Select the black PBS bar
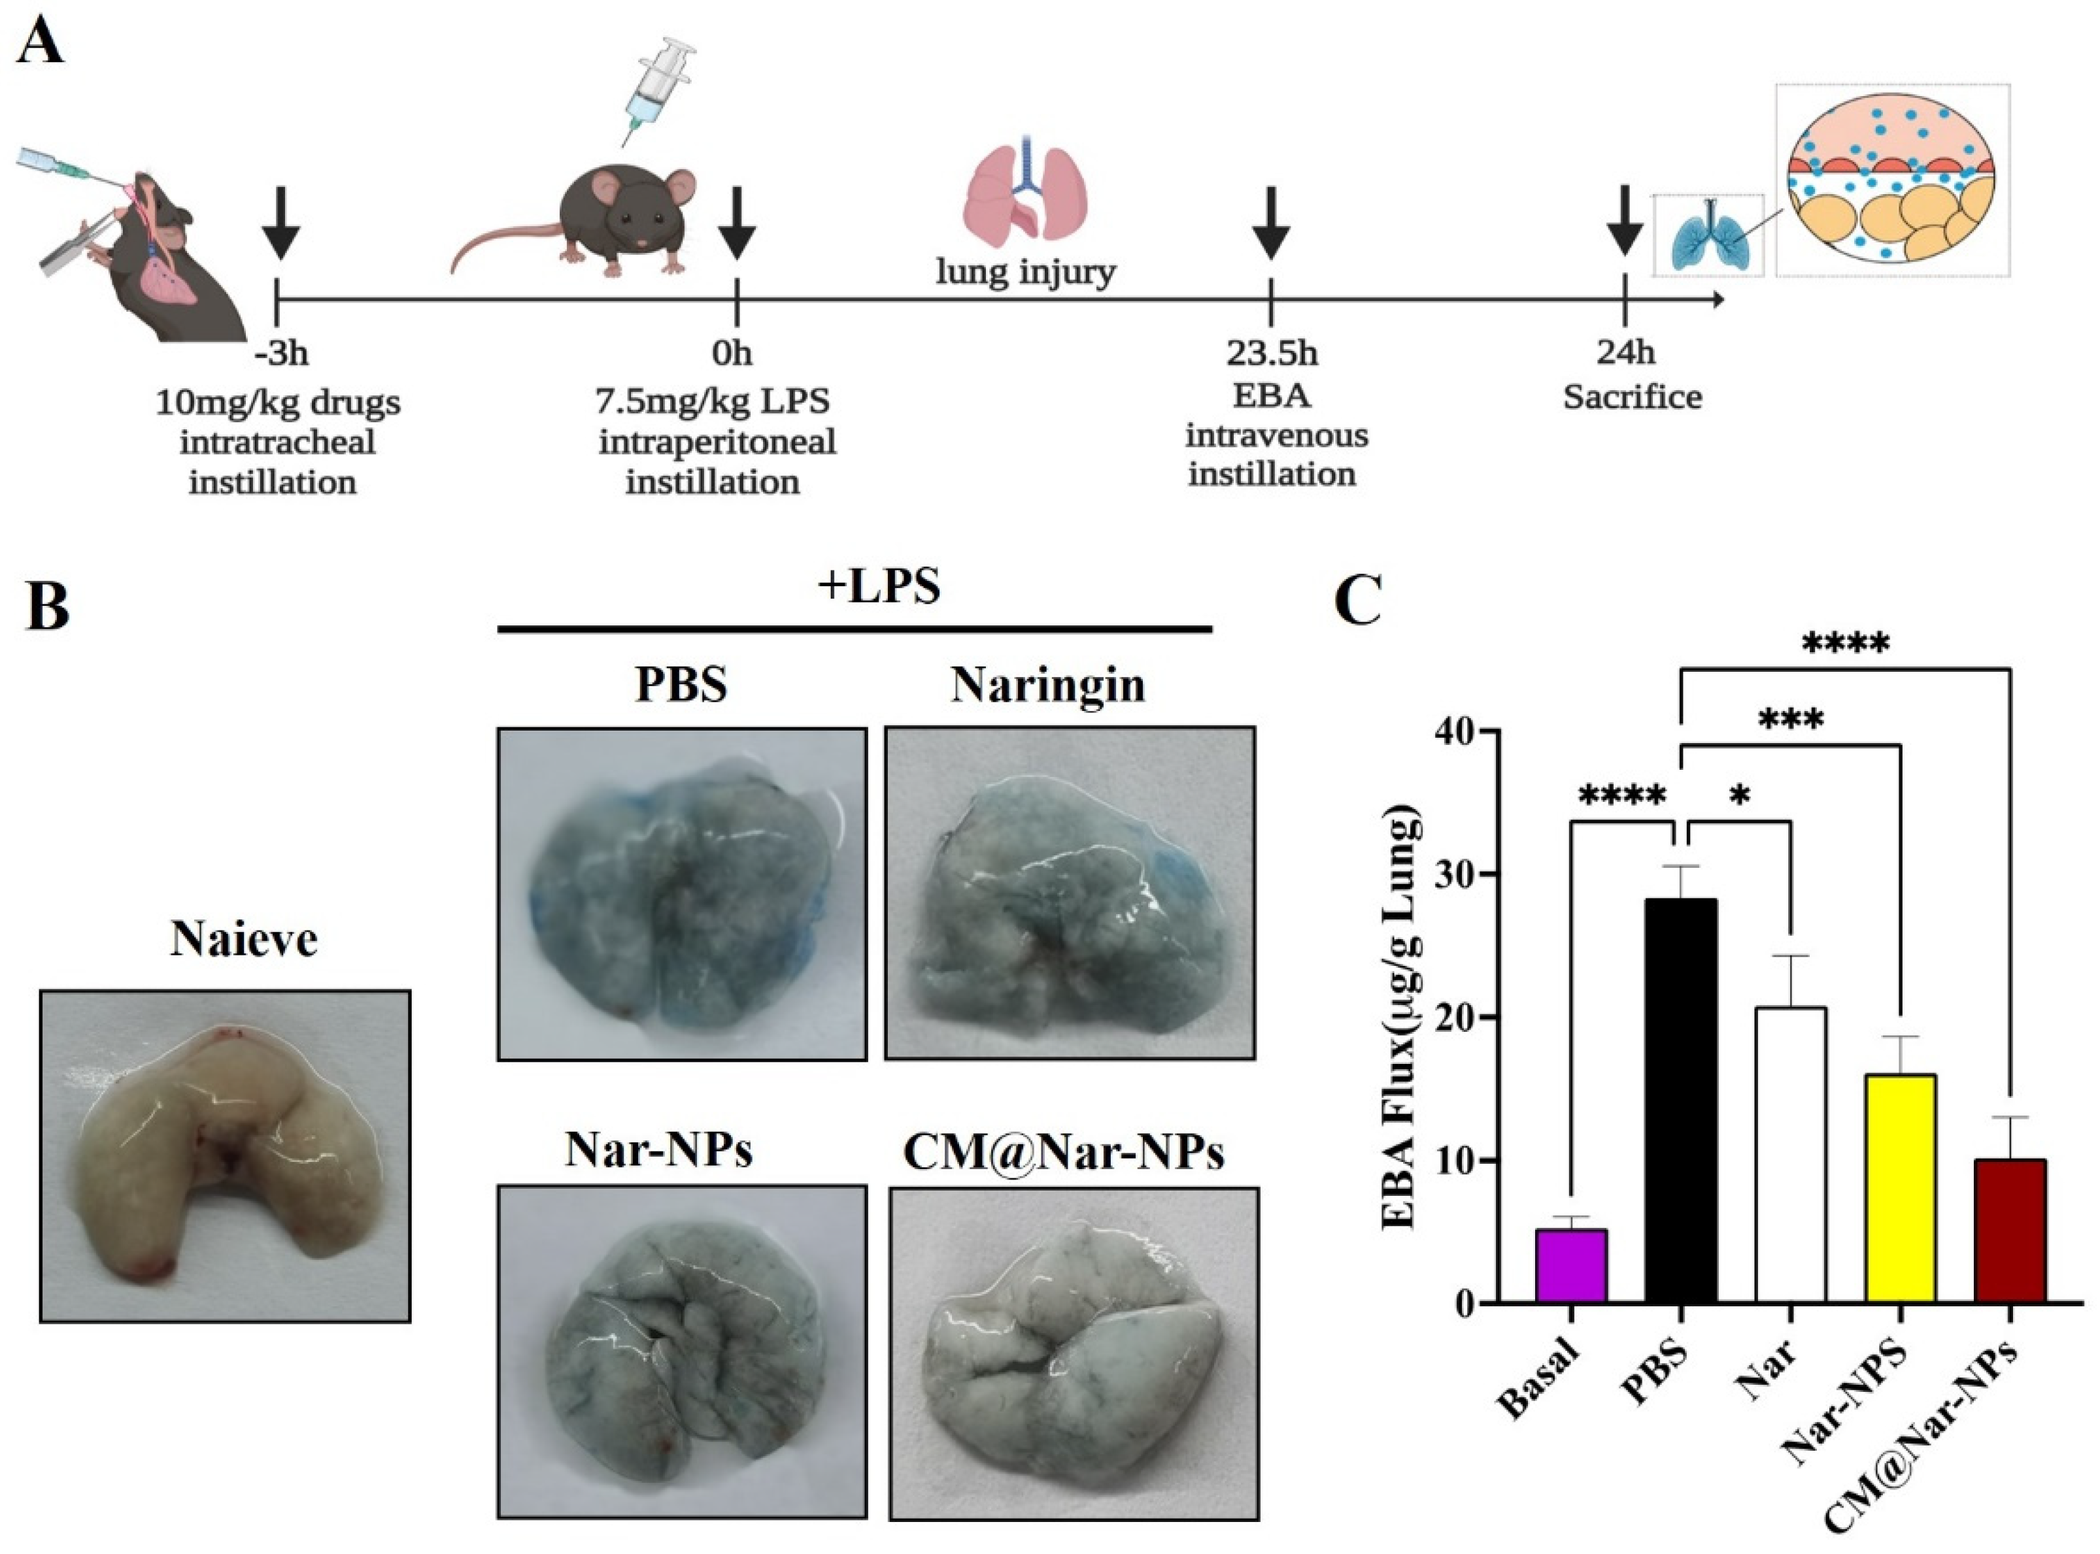(x=1680, y=1100)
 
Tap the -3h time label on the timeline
(x=280, y=354)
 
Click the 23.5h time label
(x=1271, y=354)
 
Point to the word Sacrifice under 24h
(x=1633, y=397)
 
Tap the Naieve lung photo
(x=225, y=1155)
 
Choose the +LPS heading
(x=878, y=586)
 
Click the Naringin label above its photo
(x=1047, y=685)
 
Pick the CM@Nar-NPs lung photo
(x=1074, y=1353)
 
